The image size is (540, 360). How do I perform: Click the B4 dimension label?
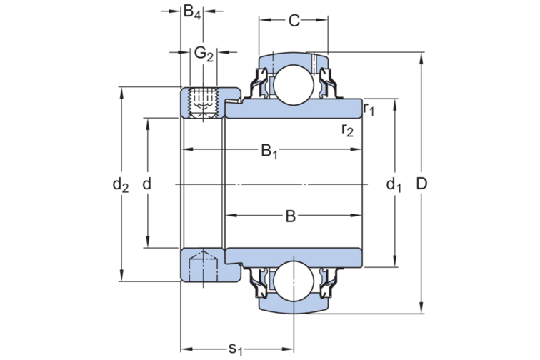pos(191,12)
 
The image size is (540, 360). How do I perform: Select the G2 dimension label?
pos(204,54)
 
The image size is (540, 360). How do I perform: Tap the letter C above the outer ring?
pos(294,21)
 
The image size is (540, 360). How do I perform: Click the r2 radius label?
pos(348,129)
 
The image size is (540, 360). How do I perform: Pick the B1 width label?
pos(269,151)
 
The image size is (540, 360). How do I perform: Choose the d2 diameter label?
pos(120,185)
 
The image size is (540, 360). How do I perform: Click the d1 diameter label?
pos(394,186)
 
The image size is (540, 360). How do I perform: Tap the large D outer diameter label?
pos(421,184)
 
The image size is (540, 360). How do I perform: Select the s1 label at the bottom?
pos(235,349)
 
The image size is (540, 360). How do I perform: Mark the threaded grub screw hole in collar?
pos(201,103)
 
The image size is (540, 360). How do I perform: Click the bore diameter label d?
pos(147,184)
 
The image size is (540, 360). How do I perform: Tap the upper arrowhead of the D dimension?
pos(422,56)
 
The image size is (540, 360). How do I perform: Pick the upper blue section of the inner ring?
pos(300,110)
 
